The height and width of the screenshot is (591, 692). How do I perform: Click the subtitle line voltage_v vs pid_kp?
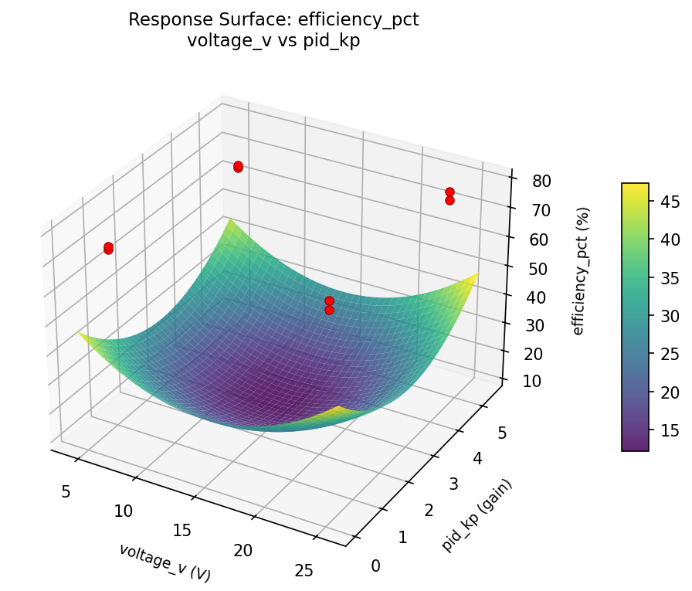click(273, 41)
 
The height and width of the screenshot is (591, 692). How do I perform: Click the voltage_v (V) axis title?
click(165, 562)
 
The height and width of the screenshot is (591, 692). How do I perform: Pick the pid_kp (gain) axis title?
click(477, 515)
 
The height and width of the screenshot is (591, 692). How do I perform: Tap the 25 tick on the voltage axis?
click(304, 570)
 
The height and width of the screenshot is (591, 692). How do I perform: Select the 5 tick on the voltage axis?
click(66, 491)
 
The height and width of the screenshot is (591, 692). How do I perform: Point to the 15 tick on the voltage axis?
click(182, 530)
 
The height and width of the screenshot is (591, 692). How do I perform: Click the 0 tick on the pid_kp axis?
click(375, 566)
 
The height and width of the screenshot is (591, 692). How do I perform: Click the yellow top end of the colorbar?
click(635, 186)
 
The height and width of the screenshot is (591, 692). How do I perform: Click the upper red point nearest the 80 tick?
click(449, 192)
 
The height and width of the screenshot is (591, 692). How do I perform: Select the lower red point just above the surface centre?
click(329, 310)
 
